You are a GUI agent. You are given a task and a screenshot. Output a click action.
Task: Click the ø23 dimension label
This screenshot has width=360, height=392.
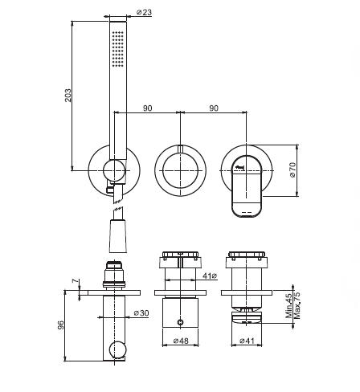tap(144, 12)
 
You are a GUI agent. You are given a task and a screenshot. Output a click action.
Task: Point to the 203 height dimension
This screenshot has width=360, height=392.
tap(68, 96)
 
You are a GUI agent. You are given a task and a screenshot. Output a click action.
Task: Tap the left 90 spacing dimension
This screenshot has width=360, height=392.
tap(147, 108)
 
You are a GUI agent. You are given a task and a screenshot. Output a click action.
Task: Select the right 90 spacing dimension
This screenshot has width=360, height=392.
tap(214, 108)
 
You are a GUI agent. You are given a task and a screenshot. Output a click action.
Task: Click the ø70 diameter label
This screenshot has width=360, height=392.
tap(292, 169)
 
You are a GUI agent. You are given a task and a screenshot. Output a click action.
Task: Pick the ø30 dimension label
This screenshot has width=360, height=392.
tap(141, 312)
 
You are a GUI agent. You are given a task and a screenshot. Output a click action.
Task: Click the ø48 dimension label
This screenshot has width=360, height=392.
tap(181, 341)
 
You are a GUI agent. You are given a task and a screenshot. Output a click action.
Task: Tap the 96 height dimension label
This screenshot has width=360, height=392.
tap(61, 325)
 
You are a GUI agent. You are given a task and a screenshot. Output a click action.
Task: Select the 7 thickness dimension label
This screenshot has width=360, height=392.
tap(76, 281)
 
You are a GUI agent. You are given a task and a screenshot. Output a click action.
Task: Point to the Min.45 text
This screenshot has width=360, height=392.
tap(288, 306)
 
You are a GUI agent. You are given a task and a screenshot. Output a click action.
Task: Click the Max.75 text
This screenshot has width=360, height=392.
tap(297, 306)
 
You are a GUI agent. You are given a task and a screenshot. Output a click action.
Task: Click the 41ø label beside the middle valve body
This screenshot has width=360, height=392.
tap(210, 276)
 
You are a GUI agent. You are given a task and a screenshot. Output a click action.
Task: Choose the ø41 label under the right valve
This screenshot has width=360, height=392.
tap(247, 341)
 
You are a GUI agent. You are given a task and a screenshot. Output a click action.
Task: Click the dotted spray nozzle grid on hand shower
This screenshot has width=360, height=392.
tap(118, 48)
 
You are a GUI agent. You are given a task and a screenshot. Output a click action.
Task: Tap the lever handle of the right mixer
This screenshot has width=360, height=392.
tap(247, 186)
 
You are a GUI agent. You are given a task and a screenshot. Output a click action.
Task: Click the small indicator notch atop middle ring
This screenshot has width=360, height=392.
tap(181, 149)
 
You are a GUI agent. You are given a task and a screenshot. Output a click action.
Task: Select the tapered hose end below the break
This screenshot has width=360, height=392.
tap(118, 235)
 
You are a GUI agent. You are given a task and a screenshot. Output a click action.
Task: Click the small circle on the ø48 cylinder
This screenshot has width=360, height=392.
tap(181, 322)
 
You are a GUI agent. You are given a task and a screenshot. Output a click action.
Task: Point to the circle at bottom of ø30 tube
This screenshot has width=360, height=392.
tap(117, 349)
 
